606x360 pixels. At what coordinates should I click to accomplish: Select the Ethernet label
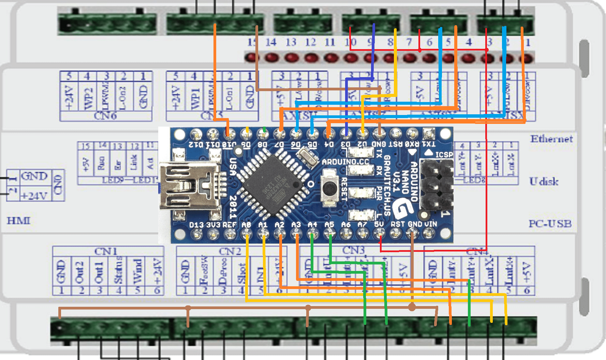[551, 139]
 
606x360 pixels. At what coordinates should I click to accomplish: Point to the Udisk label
[544, 181]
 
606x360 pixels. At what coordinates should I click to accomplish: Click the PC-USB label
[550, 224]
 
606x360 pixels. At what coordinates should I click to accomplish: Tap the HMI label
[18, 221]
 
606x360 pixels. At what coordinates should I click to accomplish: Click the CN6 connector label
[105, 116]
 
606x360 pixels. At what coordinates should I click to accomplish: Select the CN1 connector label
[106, 251]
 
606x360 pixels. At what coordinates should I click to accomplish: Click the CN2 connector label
[230, 251]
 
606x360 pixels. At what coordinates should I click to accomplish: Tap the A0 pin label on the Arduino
[246, 225]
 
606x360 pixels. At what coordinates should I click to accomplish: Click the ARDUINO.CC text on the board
[345, 161]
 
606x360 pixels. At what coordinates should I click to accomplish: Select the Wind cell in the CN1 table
[137, 271]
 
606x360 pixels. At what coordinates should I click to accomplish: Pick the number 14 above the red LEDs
[270, 42]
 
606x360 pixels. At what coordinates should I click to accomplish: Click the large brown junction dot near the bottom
[412, 307]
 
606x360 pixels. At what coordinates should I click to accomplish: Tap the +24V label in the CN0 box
[34, 196]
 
